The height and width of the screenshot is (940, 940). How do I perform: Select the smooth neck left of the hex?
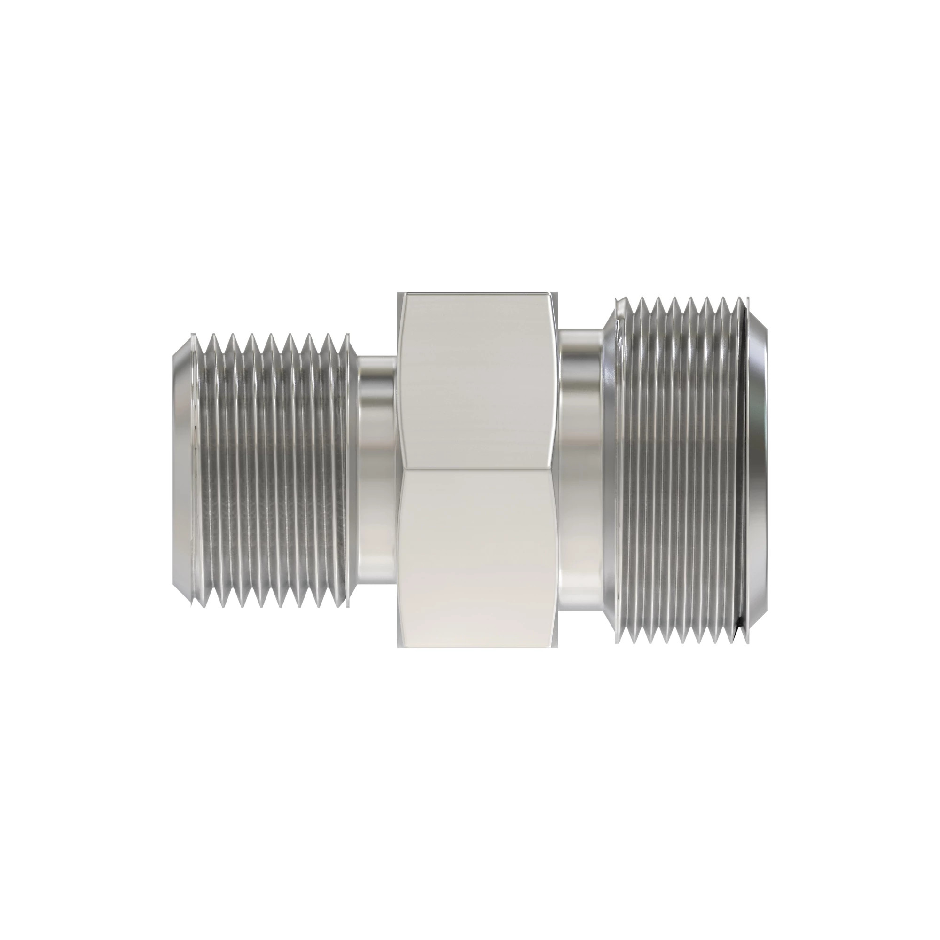pos(377,470)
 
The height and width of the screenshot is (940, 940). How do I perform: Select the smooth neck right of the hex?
pos(582,470)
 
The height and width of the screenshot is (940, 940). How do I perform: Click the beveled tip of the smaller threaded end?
pos(183,470)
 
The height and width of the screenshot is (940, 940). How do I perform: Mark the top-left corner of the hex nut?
pos(398,294)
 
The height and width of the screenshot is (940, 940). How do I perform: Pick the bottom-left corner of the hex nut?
pos(398,647)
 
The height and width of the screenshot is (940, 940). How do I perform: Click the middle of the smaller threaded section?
pos(273,470)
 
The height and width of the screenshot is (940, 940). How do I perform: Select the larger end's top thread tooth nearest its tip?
pos(739,299)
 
